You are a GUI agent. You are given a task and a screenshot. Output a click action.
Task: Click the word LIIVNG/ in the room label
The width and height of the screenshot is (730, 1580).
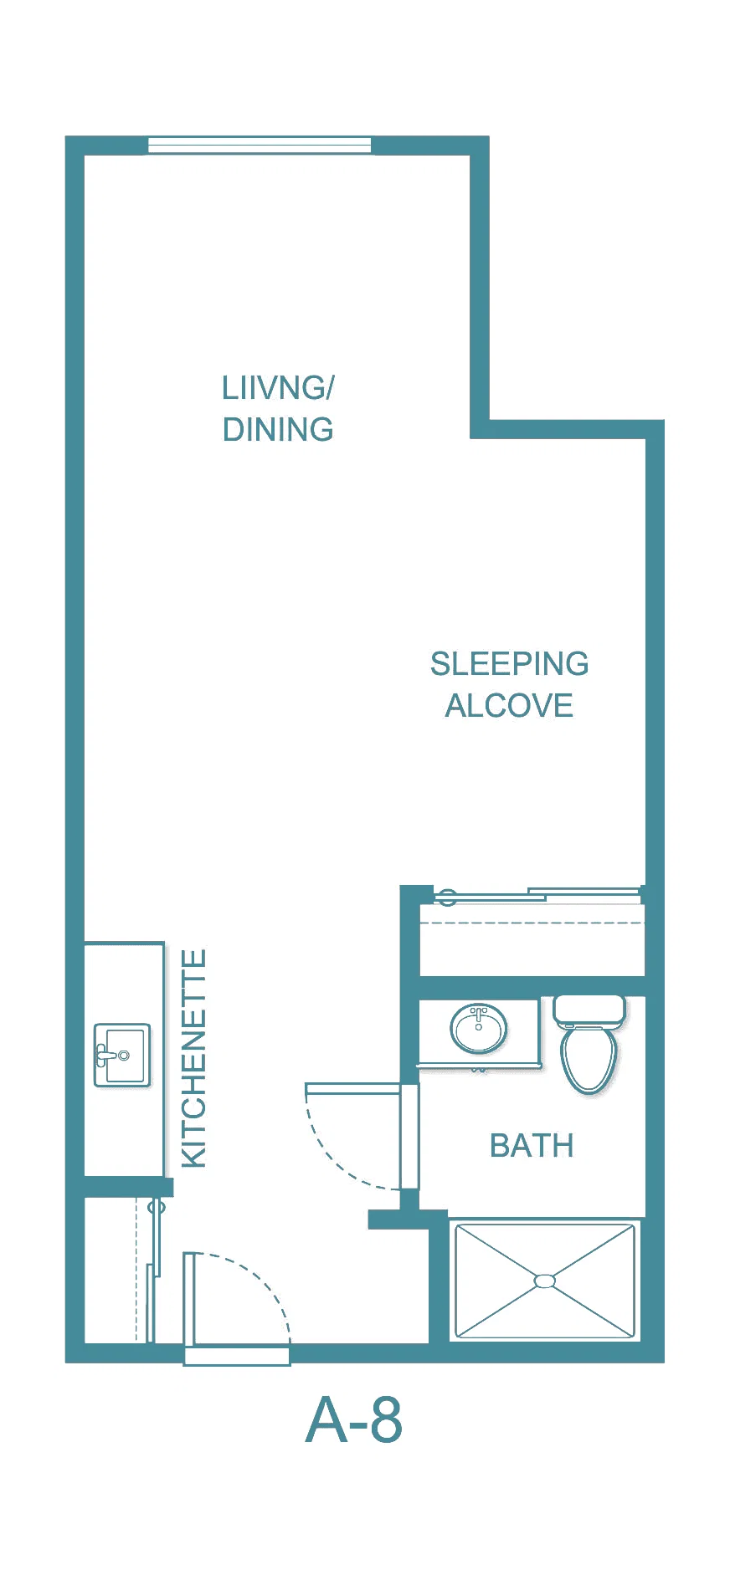278,388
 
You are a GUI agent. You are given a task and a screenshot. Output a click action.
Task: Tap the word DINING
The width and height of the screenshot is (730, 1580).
278,430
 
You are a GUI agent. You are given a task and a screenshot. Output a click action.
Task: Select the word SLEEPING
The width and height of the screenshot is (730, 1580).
509,664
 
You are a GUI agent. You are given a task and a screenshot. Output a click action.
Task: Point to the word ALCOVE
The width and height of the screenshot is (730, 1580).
509,706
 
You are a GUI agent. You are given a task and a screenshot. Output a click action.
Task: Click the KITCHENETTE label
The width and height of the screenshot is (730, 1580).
194,1058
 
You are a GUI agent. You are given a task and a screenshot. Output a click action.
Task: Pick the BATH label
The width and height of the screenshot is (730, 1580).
532,1146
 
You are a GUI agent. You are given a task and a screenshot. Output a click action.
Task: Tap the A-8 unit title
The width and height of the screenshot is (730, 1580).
354,1420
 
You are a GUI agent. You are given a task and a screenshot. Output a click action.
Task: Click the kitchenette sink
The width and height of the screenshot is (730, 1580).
122,1055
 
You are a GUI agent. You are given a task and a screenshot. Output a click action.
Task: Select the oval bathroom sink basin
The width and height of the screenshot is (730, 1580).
479,1028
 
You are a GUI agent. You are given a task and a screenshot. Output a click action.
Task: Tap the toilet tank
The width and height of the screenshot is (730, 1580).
589,1011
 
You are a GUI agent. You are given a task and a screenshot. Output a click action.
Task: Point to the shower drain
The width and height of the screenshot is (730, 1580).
545,1281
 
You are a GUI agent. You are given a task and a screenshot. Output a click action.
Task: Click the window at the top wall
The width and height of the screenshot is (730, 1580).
260,146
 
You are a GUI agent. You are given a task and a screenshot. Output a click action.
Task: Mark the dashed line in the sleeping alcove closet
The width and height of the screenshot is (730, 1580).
532,923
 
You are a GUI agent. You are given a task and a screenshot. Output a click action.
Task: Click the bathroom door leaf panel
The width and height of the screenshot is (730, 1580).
409,1136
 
